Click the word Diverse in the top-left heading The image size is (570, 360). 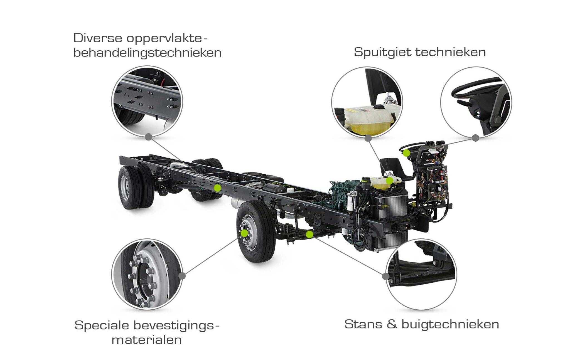click(x=98, y=38)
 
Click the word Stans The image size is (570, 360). click(x=363, y=324)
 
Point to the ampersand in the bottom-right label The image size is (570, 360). click(x=392, y=324)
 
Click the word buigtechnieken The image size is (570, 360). click(x=450, y=324)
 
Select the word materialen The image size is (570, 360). click(x=147, y=340)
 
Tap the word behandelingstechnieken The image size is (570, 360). click(x=147, y=53)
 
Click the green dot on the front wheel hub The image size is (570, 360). click(x=244, y=233)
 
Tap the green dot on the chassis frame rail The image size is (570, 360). click(x=217, y=188)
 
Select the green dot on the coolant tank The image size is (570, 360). click(x=389, y=181)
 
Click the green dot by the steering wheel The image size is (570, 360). click(x=406, y=153)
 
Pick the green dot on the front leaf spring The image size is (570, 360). click(x=309, y=235)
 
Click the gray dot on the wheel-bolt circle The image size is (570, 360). click(x=182, y=276)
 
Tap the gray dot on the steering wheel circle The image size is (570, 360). click(x=476, y=138)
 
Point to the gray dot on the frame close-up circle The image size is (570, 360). click(x=149, y=137)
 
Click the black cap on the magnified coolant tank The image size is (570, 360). click(x=379, y=107)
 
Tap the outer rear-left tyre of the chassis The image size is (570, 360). click(x=129, y=188)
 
